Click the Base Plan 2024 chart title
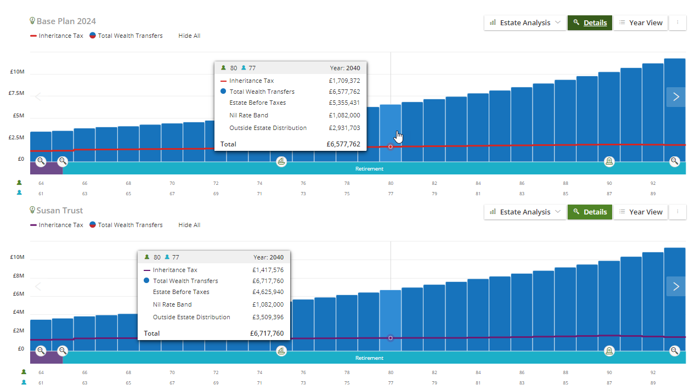(x=66, y=21)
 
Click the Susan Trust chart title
(x=60, y=211)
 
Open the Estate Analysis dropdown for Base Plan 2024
(x=525, y=23)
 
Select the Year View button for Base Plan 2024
(x=641, y=23)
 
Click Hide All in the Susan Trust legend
(x=189, y=225)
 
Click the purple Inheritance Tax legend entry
(x=56, y=225)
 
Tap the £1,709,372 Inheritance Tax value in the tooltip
(x=344, y=81)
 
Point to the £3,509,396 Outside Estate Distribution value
(x=268, y=317)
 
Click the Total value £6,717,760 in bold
(x=267, y=334)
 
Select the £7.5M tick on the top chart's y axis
(x=16, y=93)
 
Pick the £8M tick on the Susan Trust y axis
(x=19, y=275)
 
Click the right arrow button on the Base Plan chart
(x=676, y=97)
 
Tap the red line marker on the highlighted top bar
(x=391, y=146)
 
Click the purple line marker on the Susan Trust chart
(x=391, y=338)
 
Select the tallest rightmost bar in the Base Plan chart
(x=675, y=110)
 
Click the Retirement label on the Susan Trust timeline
(x=369, y=358)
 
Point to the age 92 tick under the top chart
(x=653, y=183)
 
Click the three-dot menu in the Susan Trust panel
(x=678, y=212)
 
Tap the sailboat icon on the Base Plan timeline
(x=281, y=161)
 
